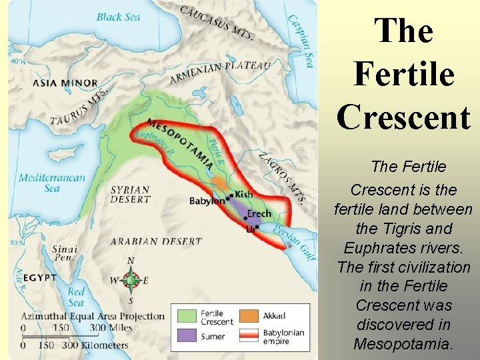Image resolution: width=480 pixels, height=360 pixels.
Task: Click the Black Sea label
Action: tap(118, 17)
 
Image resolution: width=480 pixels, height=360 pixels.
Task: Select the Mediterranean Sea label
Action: tap(52, 183)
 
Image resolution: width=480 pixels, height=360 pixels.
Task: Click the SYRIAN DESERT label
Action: tap(130, 194)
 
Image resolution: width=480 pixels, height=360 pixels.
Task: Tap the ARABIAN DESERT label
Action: tap(156, 241)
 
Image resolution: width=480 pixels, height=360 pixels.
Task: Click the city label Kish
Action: tap(244, 194)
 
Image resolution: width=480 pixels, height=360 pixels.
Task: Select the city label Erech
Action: tap(259, 214)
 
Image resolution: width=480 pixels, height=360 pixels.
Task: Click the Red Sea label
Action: tap(76, 295)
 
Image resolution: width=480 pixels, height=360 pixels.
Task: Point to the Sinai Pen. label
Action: tap(65, 254)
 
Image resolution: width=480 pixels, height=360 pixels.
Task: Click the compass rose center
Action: tap(131, 281)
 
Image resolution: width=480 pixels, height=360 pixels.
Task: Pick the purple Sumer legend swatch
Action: tap(187, 336)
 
